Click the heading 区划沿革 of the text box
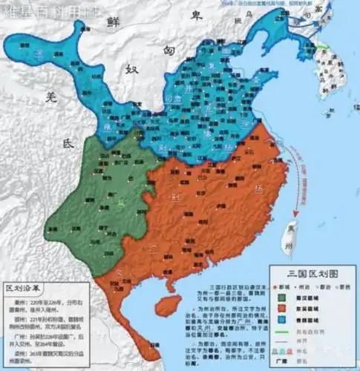pos(24,286)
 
